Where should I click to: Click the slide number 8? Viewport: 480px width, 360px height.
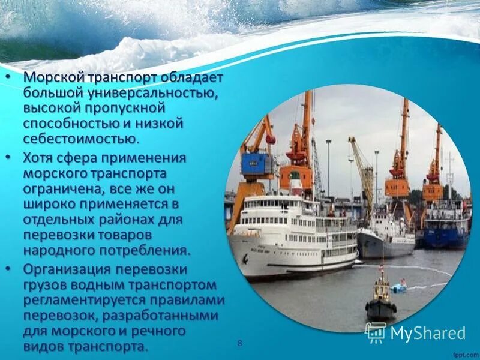tap(240, 343)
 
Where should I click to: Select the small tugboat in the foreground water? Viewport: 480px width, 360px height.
tap(380, 300)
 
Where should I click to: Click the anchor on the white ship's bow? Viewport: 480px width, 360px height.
tap(244, 260)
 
